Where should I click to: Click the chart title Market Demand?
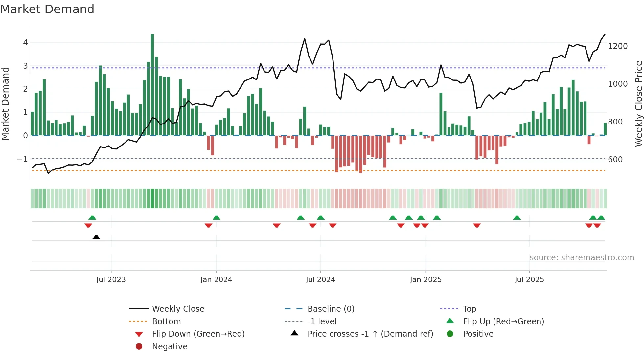pyautogui.click(x=47, y=9)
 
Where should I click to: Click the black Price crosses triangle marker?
pyautogui.click(x=96, y=237)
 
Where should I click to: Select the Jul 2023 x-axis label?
pyautogui.click(x=111, y=280)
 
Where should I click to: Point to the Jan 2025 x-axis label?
pyautogui.click(x=426, y=280)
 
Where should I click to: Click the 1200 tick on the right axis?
pyautogui.click(x=618, y=46)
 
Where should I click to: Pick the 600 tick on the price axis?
pyautogui.click(x=615, y=160)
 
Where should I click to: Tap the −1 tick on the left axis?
pyautogui.click(x=22, y=159)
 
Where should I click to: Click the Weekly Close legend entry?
pyautogui.click(x=178, y=309)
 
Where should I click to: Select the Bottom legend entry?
pyautogui.click(x=166, y=322)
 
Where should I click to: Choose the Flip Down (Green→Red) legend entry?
pyautogui.click(x=198, y=334)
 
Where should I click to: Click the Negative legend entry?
pyautogui.click(x=170, y=347)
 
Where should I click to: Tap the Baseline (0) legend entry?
pyautogui.click(x=331, y=309)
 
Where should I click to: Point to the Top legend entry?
pyautogui.click(x=470, y=309)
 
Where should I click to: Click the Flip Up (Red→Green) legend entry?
pyautogui.click(x=503, y=322)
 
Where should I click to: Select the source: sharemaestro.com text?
pyautogui.click(x=582, y=258)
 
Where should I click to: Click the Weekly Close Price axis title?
pyautogui.click(x=638, y=103)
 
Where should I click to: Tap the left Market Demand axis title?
pyautogui.click(x=5, y=103)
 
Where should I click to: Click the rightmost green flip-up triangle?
pyautogui.click(x=601, y=218)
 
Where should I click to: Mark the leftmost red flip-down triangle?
pyautogui.click(x=88, y=225)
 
